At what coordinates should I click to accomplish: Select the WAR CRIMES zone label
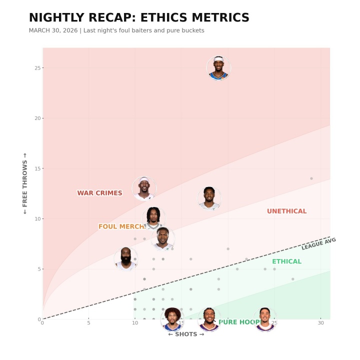click(99, 193)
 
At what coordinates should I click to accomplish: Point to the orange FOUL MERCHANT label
click(121, 226)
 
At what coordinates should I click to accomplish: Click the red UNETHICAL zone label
click(286, 211)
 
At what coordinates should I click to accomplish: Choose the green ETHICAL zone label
click(286, 261)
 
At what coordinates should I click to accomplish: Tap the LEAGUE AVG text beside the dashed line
click(318, 244)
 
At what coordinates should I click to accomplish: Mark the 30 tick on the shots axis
click(320, 323)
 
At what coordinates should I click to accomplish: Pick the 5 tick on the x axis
click(88, 323)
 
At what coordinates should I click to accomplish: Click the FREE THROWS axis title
click(25, 183)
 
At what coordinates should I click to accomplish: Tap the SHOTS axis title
click(186, 334)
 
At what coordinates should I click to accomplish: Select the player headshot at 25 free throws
click(218, 68)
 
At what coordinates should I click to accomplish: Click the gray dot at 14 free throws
click(311, 178)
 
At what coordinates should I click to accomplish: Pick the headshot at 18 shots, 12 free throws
click(209, 198)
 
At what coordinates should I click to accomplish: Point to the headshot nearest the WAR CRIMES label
click(144, 188)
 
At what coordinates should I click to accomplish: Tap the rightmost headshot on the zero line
click(265, 319)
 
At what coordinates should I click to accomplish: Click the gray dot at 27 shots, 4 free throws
click(292, 279)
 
